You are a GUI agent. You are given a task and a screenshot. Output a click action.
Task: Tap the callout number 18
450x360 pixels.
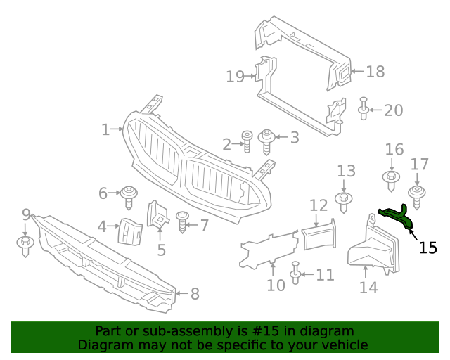point(375,71)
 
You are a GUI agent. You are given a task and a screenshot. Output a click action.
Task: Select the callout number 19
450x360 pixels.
point(236,76)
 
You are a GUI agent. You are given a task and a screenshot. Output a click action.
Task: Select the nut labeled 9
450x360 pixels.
point(25,244)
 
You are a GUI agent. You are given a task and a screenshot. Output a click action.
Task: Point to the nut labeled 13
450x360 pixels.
point(344,200)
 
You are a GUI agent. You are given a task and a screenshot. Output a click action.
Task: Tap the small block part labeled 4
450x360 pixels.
point(129,230)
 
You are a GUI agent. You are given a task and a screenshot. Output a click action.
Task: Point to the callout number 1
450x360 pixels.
point(105,129)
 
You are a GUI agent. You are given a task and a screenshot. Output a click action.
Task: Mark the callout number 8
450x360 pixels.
point(195,294)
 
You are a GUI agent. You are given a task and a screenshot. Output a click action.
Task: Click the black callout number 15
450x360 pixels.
point(427,247)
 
